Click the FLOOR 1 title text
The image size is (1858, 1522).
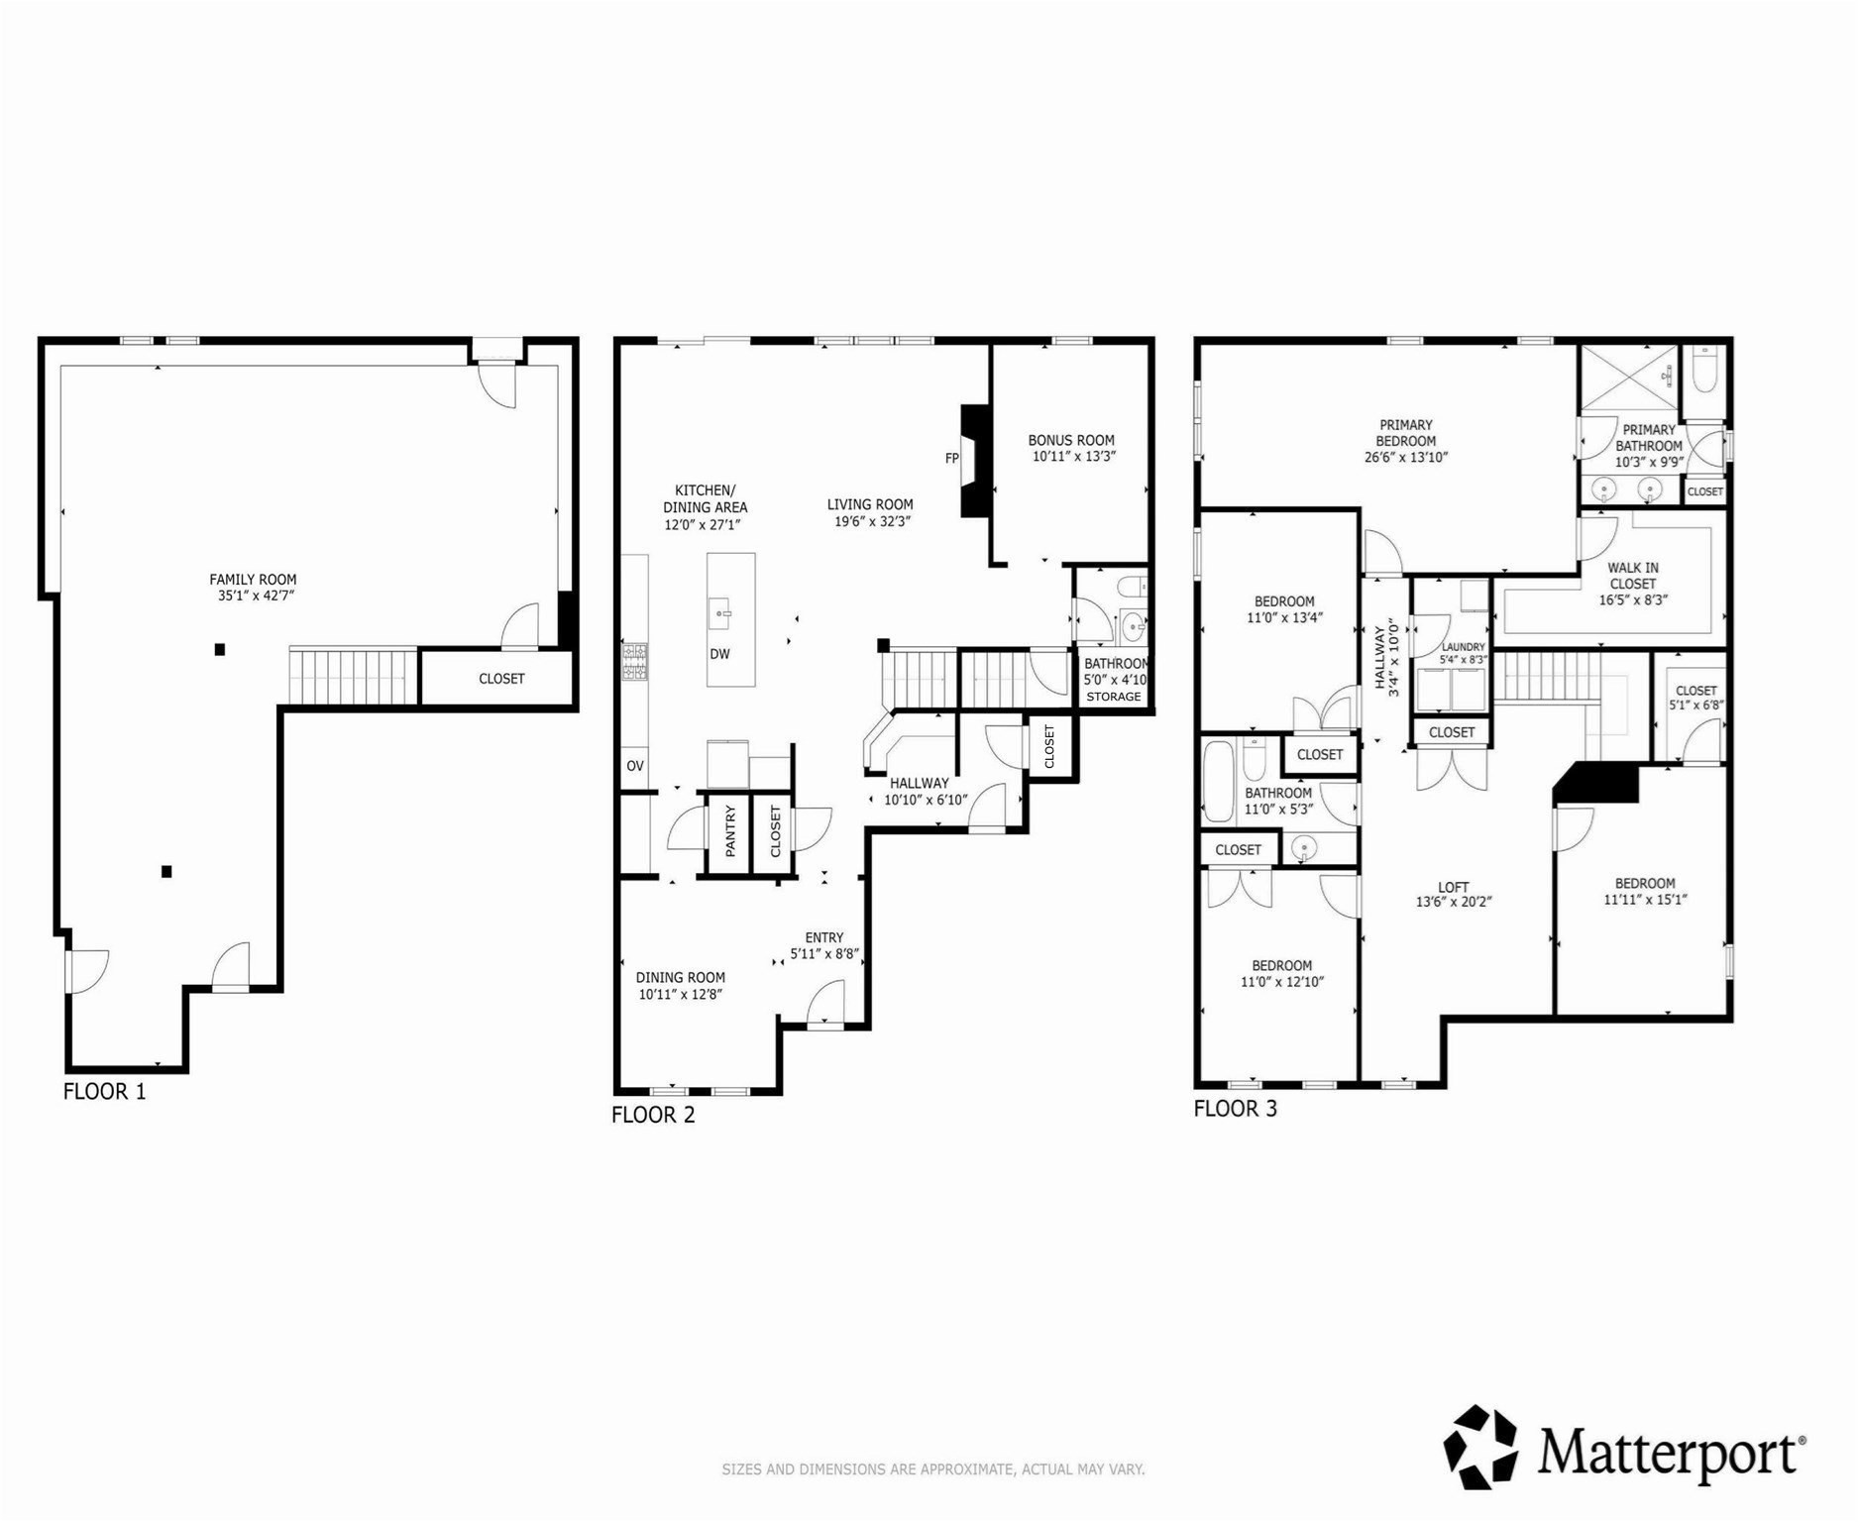click(x=104, y=1092)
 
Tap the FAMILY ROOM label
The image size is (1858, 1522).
click(x=253, y=580)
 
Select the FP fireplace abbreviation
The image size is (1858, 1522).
click(x=951, y=459)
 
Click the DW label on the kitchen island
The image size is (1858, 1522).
click(x=719, y=654)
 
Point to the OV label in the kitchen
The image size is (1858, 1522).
click(x=634, y=766)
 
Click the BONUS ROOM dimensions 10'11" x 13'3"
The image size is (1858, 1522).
click(x=1073, y=457)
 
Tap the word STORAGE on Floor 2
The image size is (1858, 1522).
click(x=1113, y=697)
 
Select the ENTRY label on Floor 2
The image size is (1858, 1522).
click(x=823, y=937)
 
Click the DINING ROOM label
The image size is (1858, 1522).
click(x=680, y=977)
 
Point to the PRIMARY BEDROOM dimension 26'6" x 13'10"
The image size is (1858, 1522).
click(x=1405, y=458)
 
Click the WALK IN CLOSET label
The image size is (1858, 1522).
click(x=1632, y=576)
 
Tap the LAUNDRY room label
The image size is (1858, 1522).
click(x=1463, y=647)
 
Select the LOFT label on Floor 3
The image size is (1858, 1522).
click(x=1453, y=887)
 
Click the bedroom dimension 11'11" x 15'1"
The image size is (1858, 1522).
click(x=1645, y=900)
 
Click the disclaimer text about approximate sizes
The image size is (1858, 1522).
click(x=932, y=1469)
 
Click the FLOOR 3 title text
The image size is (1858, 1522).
click(x=1235, y=1109)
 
